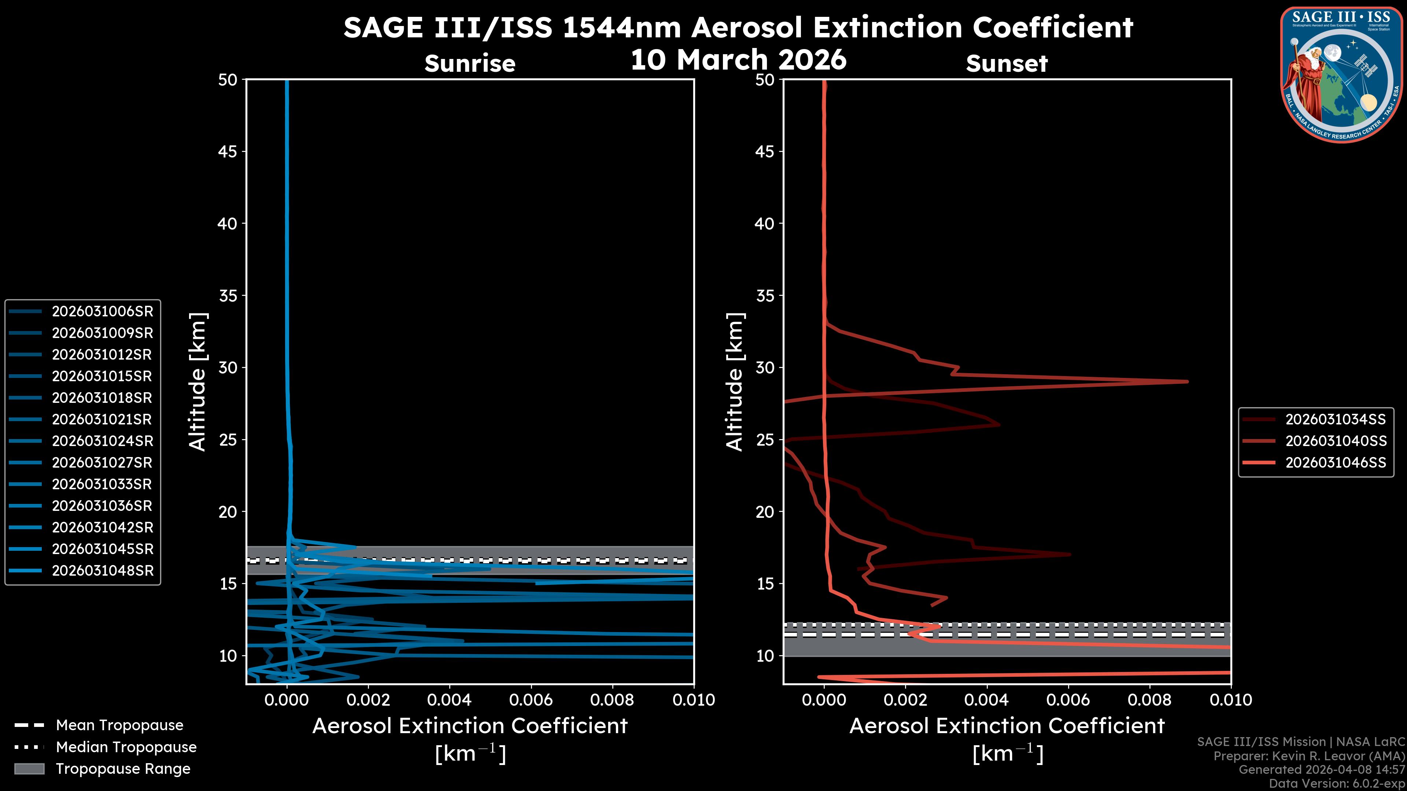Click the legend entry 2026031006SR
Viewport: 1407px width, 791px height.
click(x=102, y=311)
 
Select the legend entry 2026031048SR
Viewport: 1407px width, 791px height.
click(x=102, y=571)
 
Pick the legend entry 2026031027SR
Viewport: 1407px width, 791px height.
click(x=102, y=463)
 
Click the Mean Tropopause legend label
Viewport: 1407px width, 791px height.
click(x=119, y=725)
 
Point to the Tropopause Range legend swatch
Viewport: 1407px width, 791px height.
click(x=29, y=769)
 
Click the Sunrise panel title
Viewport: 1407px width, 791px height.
click(x=470, y=63)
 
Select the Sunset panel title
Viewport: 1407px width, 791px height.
click(x=1007, y=63)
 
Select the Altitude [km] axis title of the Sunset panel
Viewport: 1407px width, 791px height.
click(x=735, y=382)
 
